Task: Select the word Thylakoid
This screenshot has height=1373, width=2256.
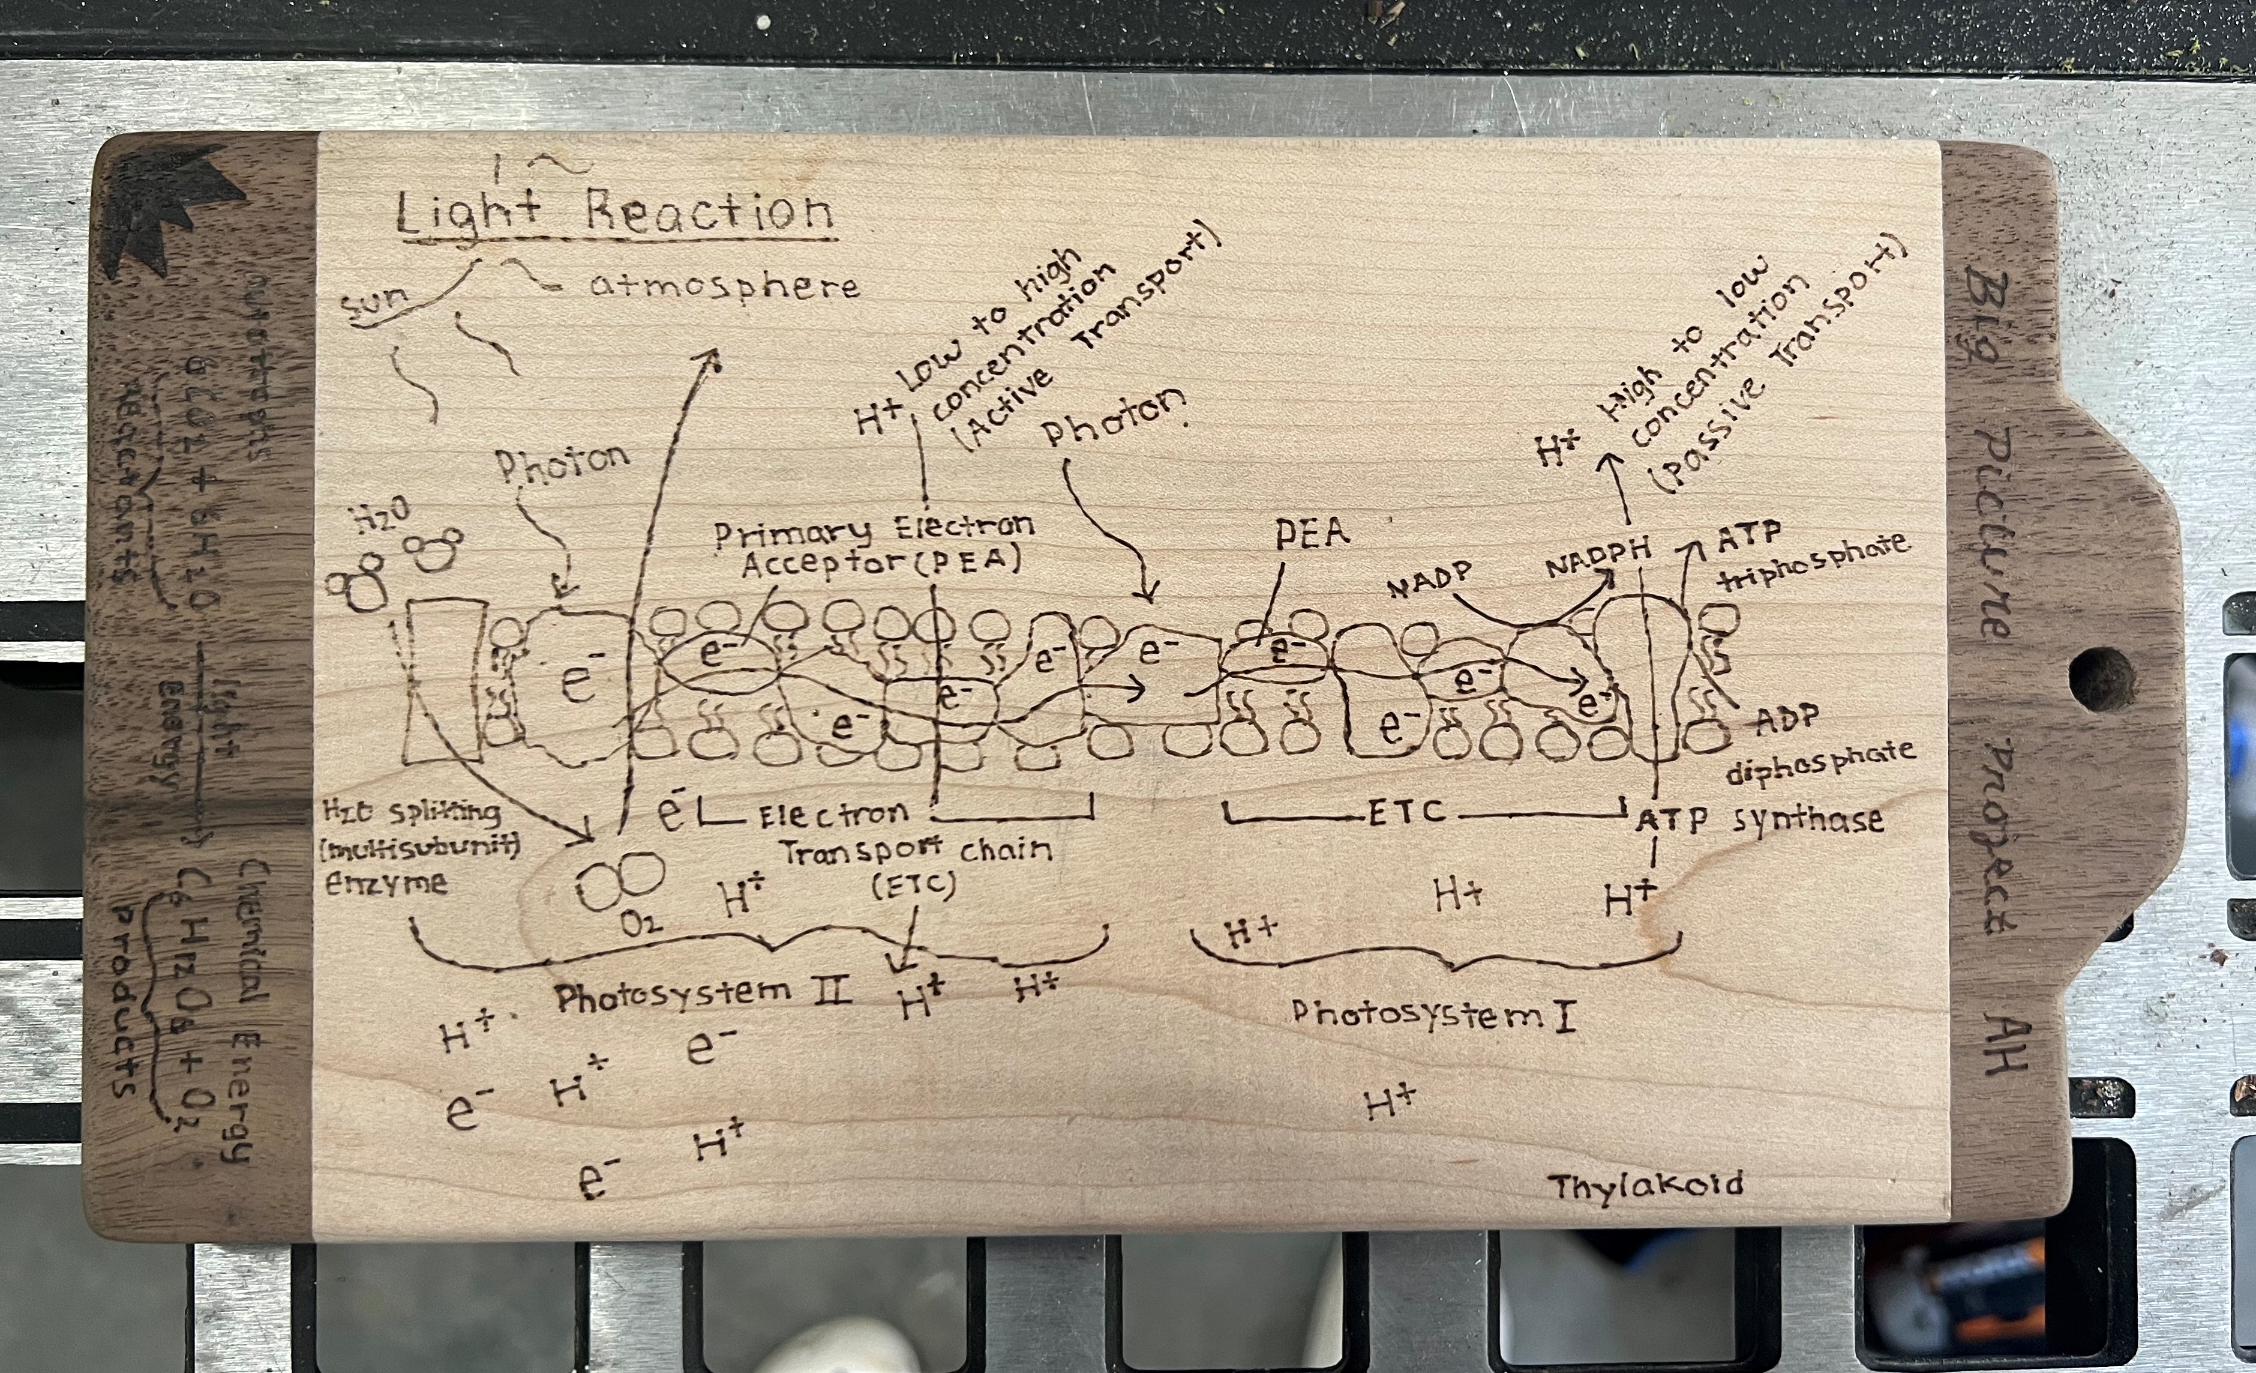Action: tap(1645, 1186)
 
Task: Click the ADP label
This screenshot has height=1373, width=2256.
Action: tap(1786, 720)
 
